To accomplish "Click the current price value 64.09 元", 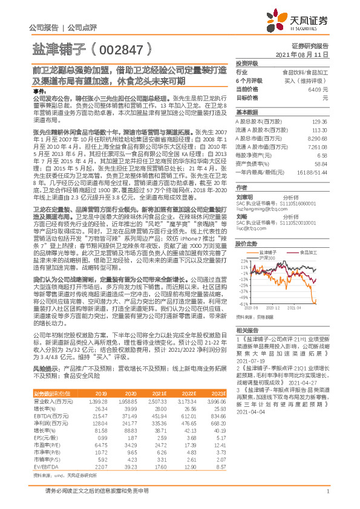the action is click(x=318, y=89).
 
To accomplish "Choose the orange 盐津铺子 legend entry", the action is click(x=269, y=235).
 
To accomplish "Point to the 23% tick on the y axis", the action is click(x=243, y=244).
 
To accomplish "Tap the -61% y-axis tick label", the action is click(x=243, y=304).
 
